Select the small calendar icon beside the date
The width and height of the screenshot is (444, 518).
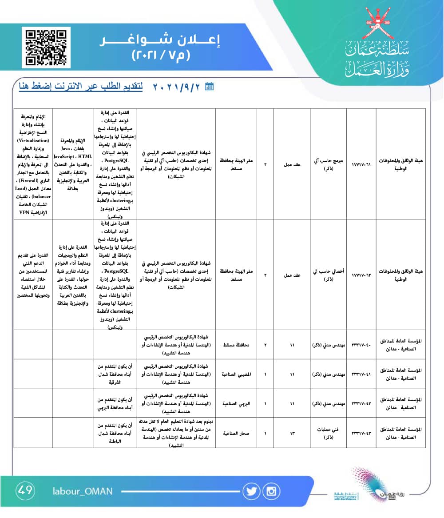pyautogui.click(x=210, y=87)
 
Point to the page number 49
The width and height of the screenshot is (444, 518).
pyautogui.click(x=25, y=490)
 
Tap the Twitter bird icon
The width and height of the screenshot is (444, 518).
pyautogui.click(x=251, y=491)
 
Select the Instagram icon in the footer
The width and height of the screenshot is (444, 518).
pyautogui.click(x=271, y=491)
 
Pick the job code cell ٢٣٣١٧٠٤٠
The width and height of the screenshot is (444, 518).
pyautogui.click(x=361, y=345)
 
